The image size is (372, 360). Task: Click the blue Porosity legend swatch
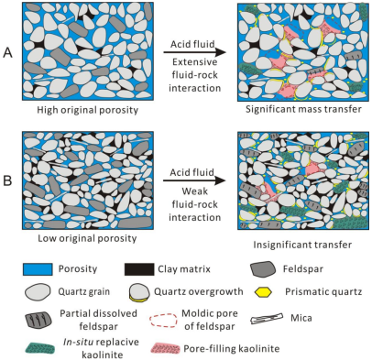pyautogui.click(x=38, y=269)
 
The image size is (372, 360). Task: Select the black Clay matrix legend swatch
pyautogui.click(x=139, y=269)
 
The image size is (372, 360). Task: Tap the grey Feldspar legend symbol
pyautogui.click(x=262, y=269)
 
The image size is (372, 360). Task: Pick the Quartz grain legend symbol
pyautogui.click(x=38, y=292)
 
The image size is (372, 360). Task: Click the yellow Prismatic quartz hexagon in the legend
pyautogui.click(x=263, y=292)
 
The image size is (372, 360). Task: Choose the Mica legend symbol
pyautogui.click(x=267, y=319)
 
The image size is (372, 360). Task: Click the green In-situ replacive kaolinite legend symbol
pyautogui.click(x=40, y=348)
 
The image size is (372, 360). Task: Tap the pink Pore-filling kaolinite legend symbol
pyautogui.click(x=165, y=348)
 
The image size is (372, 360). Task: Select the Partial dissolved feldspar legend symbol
pyautogui.click(x=38, y=320)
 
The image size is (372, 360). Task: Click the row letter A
pyautogui.click(x=7, y=53)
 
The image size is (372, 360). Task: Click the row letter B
pyautogui.click(x=7, y=180)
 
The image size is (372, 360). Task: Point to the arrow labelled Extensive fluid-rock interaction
pyautogui.click(x=194, y=52)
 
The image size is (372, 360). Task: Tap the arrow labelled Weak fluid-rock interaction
pyautogui.click(x=194, y=180)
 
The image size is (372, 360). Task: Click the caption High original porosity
pyautogui.click(x=88, y=110)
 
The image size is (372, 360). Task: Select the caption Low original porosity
pyautogui.click(x=87, y=238)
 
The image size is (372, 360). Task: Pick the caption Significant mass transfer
pyautogui.click(x=303, y=109)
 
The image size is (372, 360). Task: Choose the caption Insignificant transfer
pyautogui.click(x=302, y=245)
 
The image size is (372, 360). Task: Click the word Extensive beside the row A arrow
pyautogui.click(x=195, y=62)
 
